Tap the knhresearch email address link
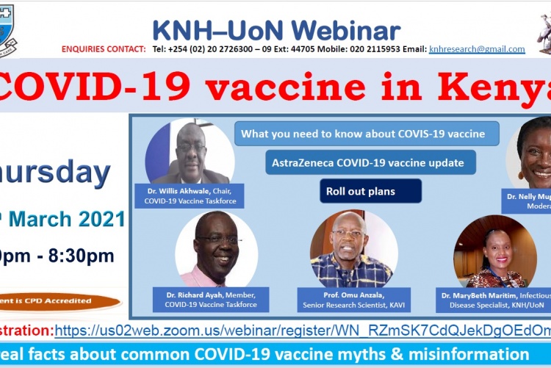[477, 49]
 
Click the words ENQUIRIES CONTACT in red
[104, 49]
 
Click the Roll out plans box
[370, 191]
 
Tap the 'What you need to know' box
[367, 134]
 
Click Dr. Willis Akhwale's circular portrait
[190, 153]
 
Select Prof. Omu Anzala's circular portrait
[354, 250]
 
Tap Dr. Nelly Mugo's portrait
[532, 154]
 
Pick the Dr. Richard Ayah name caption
[212, 299]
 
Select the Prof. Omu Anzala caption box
[353, 300]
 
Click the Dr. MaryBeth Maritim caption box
[493, 300]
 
